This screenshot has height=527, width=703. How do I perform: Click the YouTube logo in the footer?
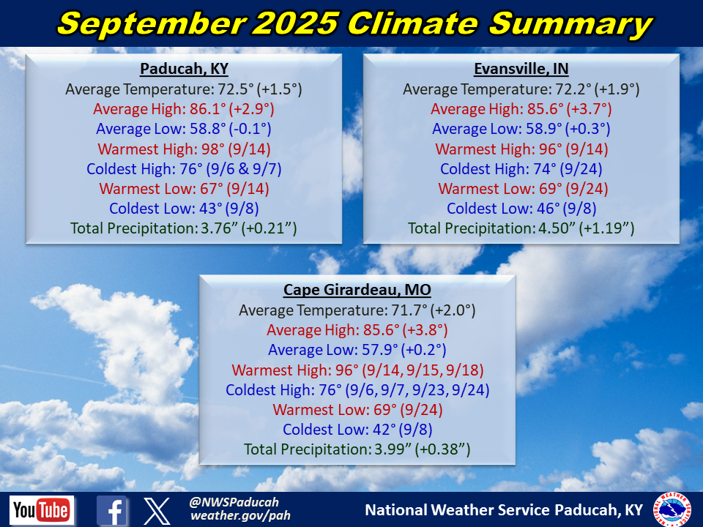(x=42, y=510)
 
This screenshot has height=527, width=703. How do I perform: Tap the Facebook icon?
(x=111, y=510)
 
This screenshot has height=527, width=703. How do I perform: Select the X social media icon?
(x=157, y=510)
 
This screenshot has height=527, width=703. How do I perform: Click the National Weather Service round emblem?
(x=672, y=509)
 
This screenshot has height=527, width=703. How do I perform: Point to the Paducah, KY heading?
(x=185, y=69)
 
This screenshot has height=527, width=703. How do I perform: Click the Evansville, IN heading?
(x=521, y=69)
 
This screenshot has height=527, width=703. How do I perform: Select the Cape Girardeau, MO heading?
(x=357, y=290)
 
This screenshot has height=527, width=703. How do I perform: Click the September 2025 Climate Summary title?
(x=355, y=23)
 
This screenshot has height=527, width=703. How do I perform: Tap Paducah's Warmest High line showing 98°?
(x=185, y=149)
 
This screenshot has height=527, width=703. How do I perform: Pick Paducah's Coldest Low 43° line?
(x=185, y=209)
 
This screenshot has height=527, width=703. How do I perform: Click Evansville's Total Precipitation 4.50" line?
(x=521, y=228)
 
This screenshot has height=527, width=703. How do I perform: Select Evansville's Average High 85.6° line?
(x=521, y=109)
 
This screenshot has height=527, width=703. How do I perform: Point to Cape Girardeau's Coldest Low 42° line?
(x=357, y=430)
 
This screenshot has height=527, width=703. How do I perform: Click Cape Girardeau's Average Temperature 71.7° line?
(x=357, y=310)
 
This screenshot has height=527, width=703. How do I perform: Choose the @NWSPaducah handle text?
(x=234, y=502)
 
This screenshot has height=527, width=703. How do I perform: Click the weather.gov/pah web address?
(x=240, y=516)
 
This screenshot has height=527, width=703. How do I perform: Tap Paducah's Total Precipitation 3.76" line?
(x=184, y=228)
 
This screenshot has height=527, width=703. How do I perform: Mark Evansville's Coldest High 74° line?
(x=521, y=169)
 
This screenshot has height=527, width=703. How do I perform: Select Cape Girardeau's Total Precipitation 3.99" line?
(x=357, y=449)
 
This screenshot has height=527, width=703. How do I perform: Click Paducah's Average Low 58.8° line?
(x=184, y=129)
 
